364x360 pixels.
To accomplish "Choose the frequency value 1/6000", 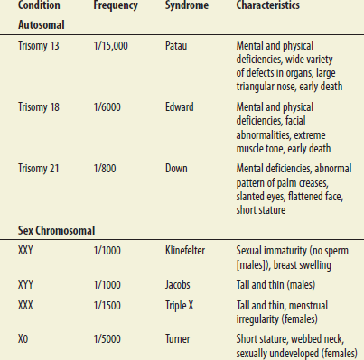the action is (x=108, y=107).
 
